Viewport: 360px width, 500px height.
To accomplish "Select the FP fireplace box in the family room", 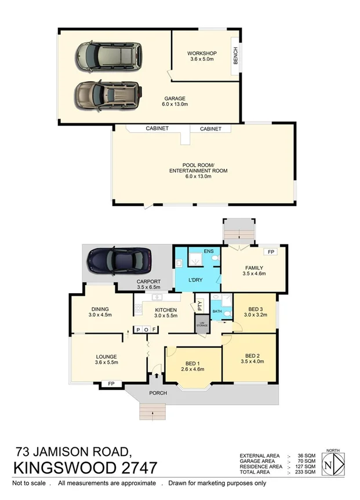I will coord(270,252).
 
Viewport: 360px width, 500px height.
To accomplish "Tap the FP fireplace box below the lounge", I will coord(111,384).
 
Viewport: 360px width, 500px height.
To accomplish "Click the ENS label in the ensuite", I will coord(209,251).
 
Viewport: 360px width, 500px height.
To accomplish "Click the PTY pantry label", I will coord(200,303).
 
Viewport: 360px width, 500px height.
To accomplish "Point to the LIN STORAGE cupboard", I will coord(202,323).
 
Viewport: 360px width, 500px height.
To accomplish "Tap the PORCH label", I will coord(158,393).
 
